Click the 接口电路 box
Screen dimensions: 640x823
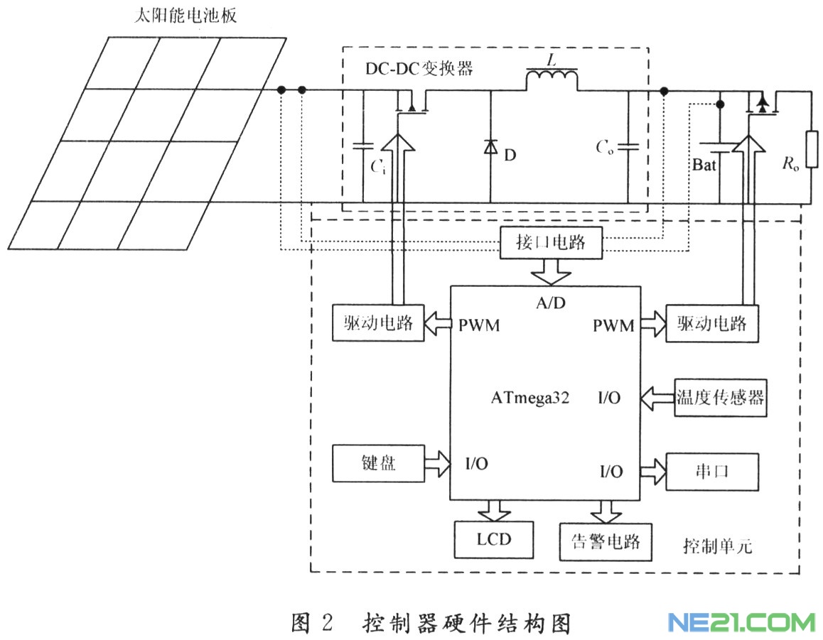[552, 244]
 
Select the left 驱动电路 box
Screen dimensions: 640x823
[377, 324]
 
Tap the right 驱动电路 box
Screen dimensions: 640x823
[711, 324]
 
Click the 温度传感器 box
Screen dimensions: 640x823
[720, 396]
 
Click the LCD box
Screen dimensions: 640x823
[494, 539]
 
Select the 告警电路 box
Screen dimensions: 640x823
[606, 542]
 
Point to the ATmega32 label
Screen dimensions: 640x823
[529, 397]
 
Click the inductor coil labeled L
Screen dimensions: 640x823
[552, 78]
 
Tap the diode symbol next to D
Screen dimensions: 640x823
[490, 148]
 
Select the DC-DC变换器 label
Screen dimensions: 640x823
[419, 70]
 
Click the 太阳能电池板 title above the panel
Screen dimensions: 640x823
[185, 16]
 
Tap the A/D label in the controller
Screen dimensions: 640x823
[552, 303]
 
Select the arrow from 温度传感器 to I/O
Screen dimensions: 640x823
[656, 396]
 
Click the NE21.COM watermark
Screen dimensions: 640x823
[741, 623]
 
